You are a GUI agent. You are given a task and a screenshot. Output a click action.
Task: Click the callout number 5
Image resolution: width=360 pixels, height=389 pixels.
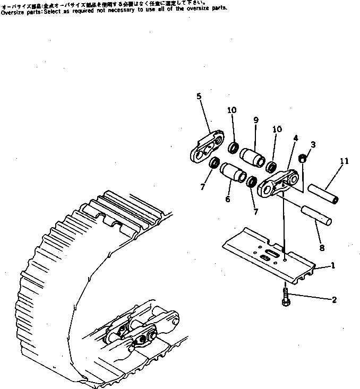pyautogui.click(x=199, y=96)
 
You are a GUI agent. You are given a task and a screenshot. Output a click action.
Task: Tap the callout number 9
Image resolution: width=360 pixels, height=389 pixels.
pyautogui.click(x=255, y=120)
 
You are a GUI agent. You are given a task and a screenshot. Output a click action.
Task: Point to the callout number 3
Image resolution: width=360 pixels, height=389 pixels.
pyautogui.click(x=313, y=144)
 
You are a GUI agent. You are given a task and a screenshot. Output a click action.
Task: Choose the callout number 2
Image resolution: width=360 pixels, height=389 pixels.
pyautogui.click(x=334, y=300)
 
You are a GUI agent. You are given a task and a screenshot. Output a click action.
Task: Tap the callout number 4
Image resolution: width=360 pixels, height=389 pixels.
pyautogui.click(x=295, y=140)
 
